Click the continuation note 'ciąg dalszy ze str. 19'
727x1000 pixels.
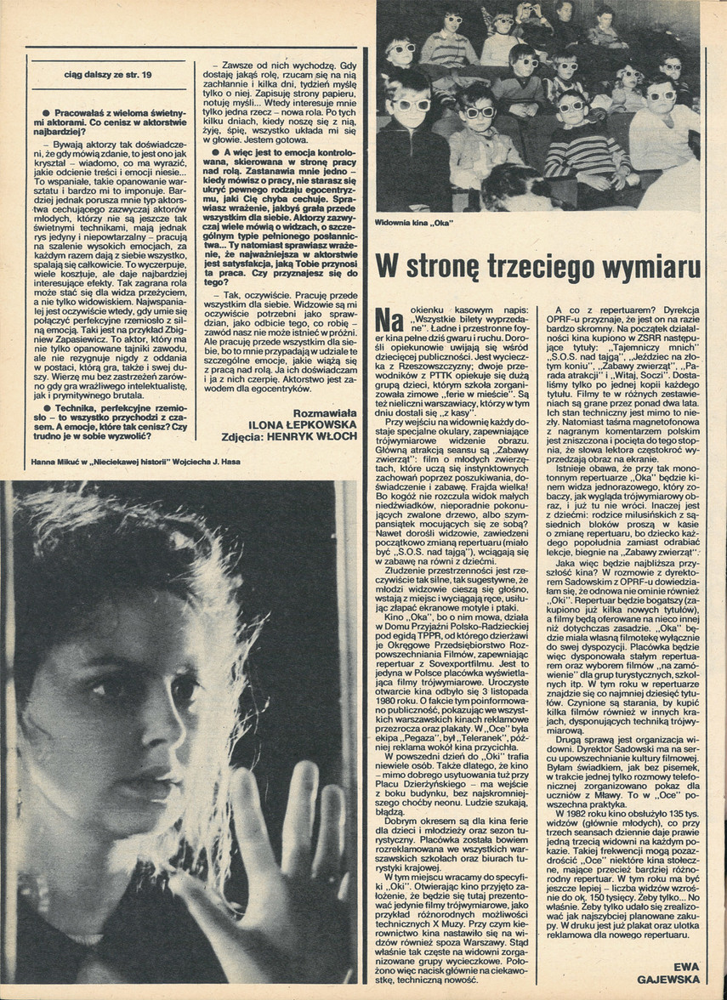point(107,76)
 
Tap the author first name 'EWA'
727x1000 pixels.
point(685,967)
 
